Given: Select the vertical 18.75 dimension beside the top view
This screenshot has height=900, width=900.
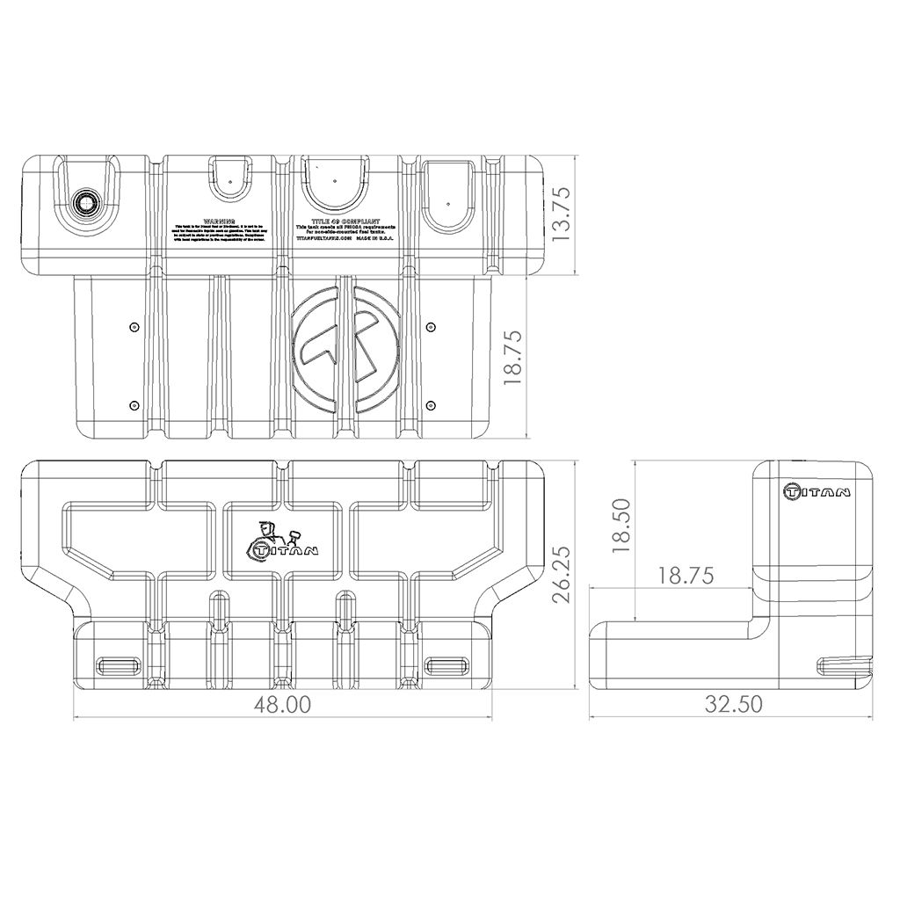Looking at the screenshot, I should point(515,359).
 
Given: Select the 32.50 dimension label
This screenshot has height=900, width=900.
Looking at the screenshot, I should point(733,704).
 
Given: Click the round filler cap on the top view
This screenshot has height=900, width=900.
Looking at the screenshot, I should point(87,202).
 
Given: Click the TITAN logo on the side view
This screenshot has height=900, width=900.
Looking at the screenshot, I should point(817,491).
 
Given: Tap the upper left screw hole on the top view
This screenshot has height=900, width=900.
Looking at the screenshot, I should point(133,327).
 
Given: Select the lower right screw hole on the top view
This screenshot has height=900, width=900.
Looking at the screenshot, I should point(430,404).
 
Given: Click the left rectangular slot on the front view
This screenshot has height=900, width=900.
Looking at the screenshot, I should point(118,664).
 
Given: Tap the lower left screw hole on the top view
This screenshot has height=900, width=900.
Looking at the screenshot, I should point(133,404).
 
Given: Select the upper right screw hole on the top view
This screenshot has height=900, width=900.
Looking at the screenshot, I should point(430,327).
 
